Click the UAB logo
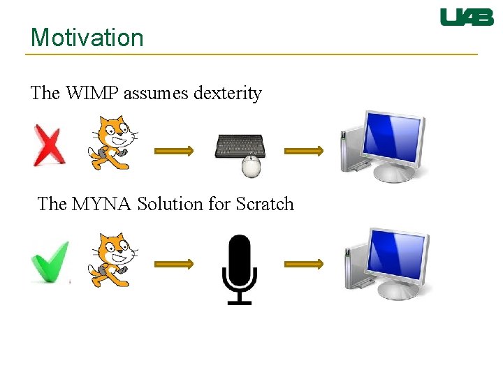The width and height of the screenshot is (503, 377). [467, 17]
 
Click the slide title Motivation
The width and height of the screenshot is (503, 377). [87, 38]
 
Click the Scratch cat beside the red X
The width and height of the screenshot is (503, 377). [112, 143]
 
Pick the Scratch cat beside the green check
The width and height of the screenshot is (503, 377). [112, 260]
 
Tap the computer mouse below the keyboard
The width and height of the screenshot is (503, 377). [251, 166]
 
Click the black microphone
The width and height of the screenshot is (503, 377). [239, 269]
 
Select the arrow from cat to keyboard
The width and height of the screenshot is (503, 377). [173, 149]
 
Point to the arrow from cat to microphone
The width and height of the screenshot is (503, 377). [173, 264]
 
